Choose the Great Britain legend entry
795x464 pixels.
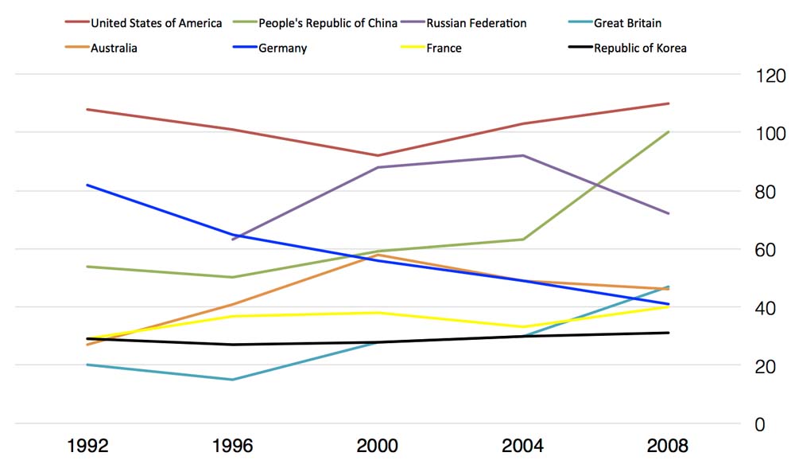(x=627, y=23)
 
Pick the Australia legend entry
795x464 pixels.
(x=114, y=48)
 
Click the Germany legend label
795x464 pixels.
(x=282, y=48)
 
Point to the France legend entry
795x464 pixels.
(x=444, y=48)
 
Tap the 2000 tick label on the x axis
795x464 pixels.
(x=378, y=445)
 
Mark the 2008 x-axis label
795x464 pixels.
(x=668, y=445)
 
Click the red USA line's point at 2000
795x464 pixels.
(x=378, y=155)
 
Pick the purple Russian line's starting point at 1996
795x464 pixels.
(x=233, y=239)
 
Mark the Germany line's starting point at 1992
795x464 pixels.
(x=87, y=185)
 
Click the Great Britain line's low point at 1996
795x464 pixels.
(x=233, y=380)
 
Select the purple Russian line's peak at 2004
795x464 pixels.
(x=523, y=155)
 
